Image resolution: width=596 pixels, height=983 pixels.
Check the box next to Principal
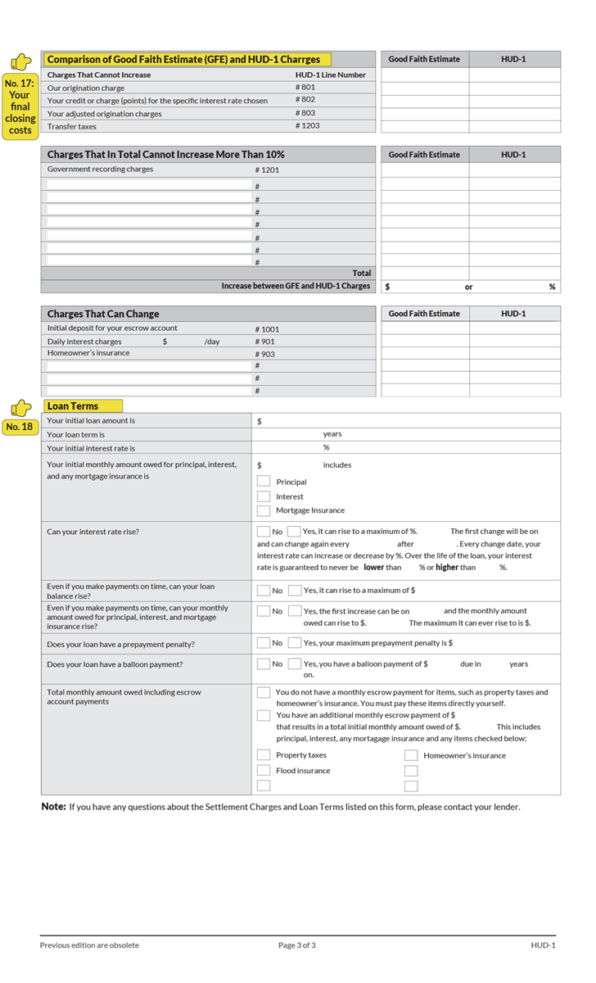(x=264, y=482)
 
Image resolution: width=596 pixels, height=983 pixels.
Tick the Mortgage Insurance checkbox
(x=264, y=510)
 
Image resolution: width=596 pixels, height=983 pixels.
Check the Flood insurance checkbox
(x=264, y=771)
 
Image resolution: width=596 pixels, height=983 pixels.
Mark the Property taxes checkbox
(x=264, y=755)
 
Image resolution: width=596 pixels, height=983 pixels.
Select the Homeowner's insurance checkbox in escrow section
(x=411, y=755)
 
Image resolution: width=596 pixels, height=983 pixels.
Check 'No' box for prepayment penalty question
(x=264, y=644)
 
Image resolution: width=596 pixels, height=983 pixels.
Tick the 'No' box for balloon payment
(x=264, y=664)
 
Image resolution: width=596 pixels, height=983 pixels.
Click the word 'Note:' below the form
(x=53, y=807)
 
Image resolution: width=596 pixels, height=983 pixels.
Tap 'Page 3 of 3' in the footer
(x=297, y=945)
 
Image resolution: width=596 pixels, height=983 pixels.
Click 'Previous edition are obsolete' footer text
(x=89, y=945)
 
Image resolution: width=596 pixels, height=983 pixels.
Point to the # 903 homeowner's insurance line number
(x=264, y=354)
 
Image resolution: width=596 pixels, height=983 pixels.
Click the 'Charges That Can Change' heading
(x=103, y=314)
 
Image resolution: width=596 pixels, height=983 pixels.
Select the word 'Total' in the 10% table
(x=361, y=273)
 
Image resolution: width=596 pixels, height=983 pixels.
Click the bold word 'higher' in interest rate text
(x=446, y=567)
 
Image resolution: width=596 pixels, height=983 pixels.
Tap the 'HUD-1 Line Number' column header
(x=331, y=75)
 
